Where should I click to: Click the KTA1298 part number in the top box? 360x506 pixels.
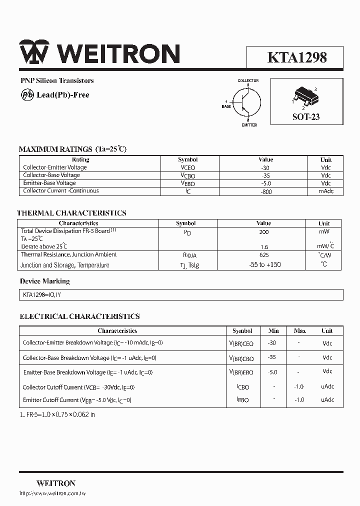click(297, 57)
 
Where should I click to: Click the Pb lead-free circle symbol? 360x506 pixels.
click(27, 94)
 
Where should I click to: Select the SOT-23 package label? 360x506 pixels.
click(305, 117)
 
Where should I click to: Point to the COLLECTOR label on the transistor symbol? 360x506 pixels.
click(248, 80)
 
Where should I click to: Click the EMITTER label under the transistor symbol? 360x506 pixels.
click(249, 125)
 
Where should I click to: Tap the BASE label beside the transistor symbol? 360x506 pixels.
click(226, 106)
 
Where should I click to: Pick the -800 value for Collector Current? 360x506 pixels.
click(266, 191)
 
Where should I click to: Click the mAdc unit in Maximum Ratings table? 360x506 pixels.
click(326, 191)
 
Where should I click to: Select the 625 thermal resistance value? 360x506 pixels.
click(263, 255)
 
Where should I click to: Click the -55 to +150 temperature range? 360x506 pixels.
click(264, 265)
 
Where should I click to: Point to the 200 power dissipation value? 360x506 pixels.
click(263, 232)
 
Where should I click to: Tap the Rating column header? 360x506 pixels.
click(81, 159)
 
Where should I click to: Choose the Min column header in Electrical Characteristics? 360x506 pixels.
click(273, 331)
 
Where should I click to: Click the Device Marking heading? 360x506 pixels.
click(45, 281)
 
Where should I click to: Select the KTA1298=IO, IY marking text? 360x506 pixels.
click(42, 295)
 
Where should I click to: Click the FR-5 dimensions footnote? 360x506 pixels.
click(57, 414)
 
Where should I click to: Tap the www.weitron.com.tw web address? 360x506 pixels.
click(52, 494)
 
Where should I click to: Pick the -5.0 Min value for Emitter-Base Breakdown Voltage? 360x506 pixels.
click(272, 372)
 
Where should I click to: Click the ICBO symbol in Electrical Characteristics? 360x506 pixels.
click(242, 387)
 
